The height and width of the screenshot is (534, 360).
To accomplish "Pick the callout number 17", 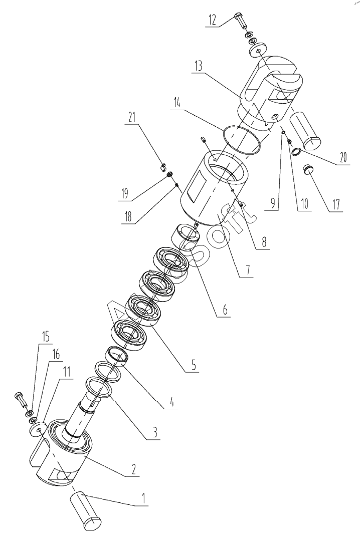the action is click(x=335, y=205).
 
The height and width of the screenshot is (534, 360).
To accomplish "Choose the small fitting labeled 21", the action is click(x=162, y=167).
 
